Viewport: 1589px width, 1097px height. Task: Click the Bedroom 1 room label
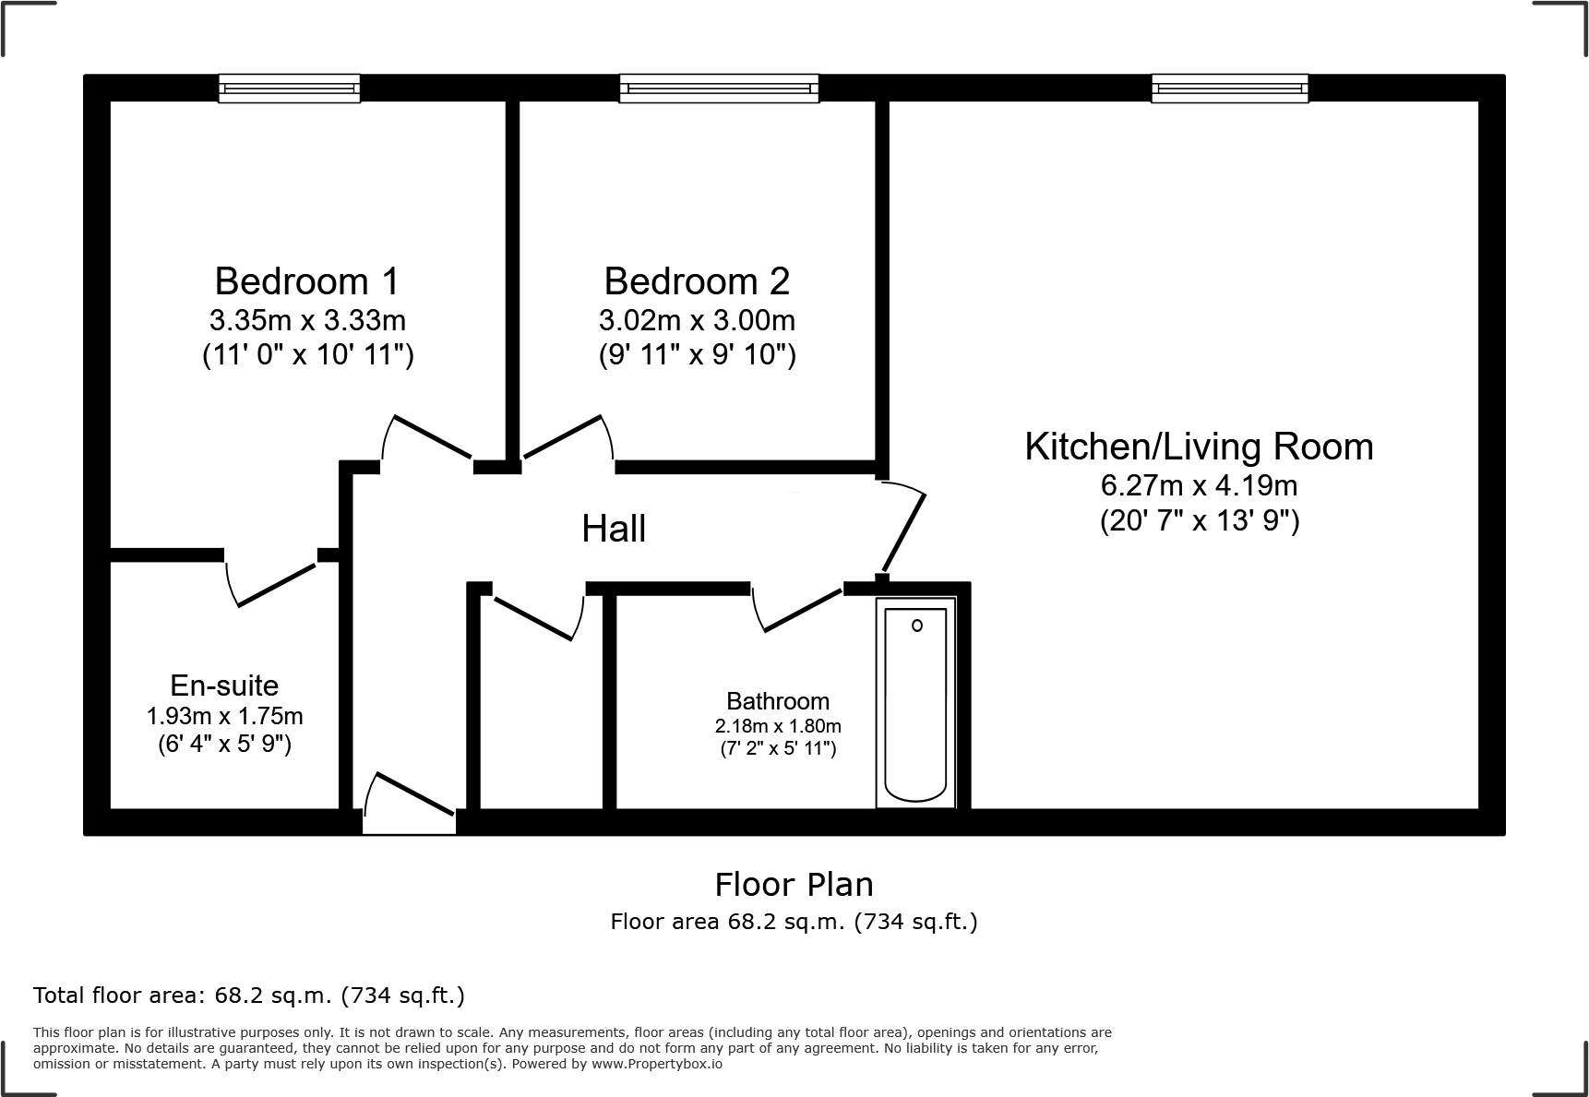(307, 280)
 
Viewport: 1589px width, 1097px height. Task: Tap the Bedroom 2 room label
(697, 280)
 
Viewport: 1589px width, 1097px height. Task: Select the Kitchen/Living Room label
(1199, 447)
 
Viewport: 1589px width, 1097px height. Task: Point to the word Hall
(614, 529)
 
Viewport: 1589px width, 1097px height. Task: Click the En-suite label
(224, 686)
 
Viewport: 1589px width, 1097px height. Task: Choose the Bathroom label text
(778, 701)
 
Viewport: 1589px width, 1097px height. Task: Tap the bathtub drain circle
(916, 626)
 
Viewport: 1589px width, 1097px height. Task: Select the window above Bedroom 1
(289, 89)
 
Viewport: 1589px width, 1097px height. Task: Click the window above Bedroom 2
(719, 89)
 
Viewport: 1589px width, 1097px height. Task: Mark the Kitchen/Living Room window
(1229, 89)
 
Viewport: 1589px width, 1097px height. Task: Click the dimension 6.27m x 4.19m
(1199, 484)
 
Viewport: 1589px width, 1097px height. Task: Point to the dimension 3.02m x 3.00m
(697, 320)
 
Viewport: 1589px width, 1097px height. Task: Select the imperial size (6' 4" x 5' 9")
(224, 744)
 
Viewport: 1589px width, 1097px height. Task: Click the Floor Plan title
(794, 884)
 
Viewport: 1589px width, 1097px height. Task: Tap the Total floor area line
(249, 996)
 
